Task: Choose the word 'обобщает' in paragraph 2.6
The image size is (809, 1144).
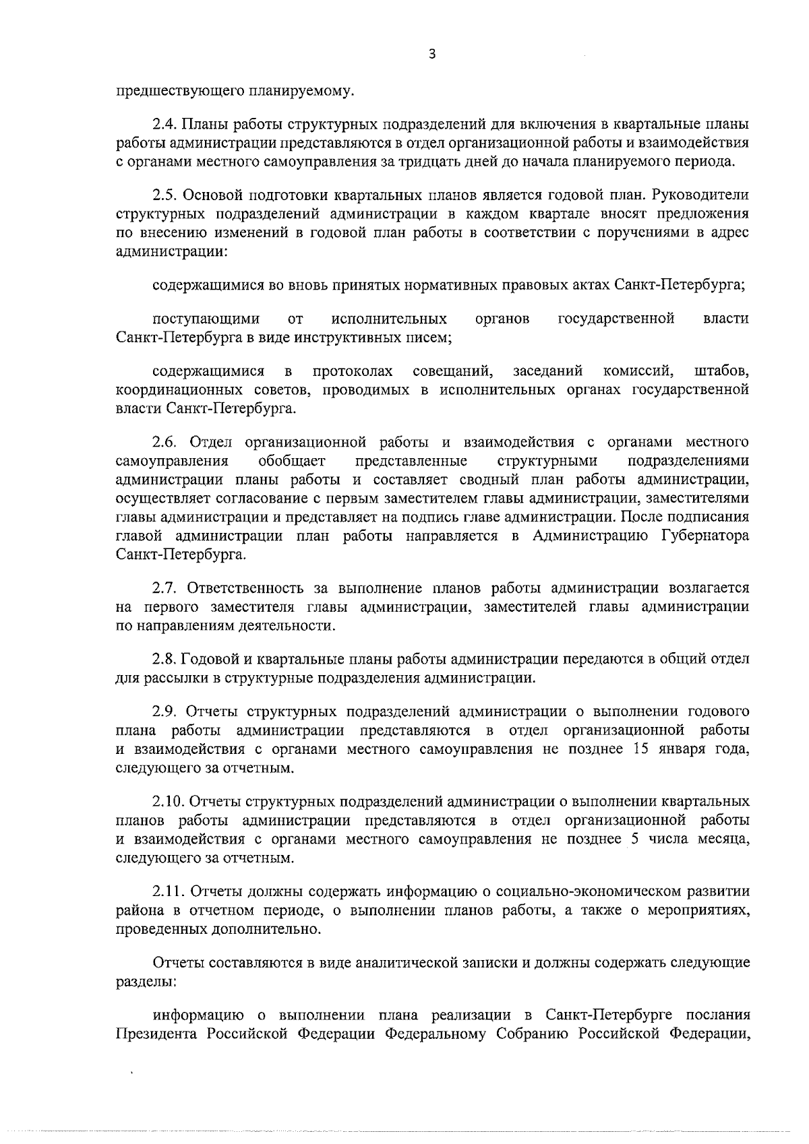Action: click(292, 461)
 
